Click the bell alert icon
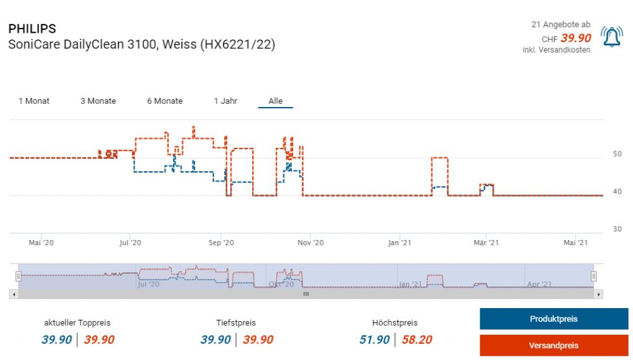(x=612, y=38)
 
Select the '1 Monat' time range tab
(x=34, y=101)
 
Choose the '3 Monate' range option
(x=98, y=101)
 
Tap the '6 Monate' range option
(x=165, y=101)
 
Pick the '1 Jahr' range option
(x=226, y=101)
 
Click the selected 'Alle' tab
(x=275, y=101)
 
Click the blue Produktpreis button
(x=553, y=319)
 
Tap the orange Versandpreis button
(x=553, y=345)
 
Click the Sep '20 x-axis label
(x=221, y=243)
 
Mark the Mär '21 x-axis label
(x=486, y=243)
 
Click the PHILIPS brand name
(x=32, y=29)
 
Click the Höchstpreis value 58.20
(x=417, y=340)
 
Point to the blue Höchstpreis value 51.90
(x=375, y=340)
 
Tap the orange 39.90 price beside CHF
(x=576, y=38)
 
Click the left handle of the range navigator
(x=19, y=276)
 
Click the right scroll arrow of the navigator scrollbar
(x=598, y=294)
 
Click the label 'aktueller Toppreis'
(x=77, y=323)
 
